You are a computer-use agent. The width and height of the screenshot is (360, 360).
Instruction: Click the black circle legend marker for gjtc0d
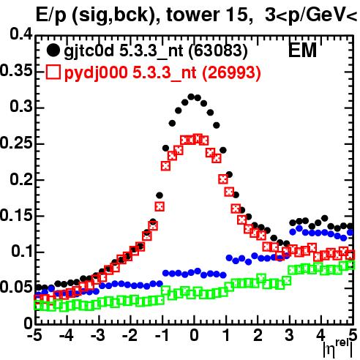(53, 50)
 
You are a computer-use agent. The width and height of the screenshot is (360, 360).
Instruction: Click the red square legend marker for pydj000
(53, 72)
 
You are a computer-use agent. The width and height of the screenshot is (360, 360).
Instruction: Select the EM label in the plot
(302, 50)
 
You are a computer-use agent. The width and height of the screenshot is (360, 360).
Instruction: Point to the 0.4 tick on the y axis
(21, 34)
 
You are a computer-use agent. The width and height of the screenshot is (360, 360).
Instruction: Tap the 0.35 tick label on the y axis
(16, 71)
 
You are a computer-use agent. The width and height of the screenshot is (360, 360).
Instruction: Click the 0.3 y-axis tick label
(21, 107)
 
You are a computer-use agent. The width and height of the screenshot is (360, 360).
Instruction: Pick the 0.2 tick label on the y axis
(21, 179)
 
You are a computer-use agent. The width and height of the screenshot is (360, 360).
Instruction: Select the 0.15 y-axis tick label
(16, 216)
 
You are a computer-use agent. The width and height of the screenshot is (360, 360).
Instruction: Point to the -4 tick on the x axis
(66, 336)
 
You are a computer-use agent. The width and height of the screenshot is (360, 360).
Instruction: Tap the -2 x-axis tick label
(130, 336)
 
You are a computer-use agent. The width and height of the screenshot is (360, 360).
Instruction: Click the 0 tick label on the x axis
(194, 336)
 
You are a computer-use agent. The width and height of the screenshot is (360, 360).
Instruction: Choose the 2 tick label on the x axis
(258, 336)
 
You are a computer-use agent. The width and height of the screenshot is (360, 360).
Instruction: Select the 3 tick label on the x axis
(290, 336)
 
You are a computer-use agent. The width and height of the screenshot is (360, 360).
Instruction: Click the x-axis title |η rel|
(338, 348)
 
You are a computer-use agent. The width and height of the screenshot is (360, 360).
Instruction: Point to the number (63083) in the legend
(218, 50)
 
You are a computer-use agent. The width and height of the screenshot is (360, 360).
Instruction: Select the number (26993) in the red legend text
(231, 72)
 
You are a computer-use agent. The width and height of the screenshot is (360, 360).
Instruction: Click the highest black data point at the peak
(191, 97)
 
